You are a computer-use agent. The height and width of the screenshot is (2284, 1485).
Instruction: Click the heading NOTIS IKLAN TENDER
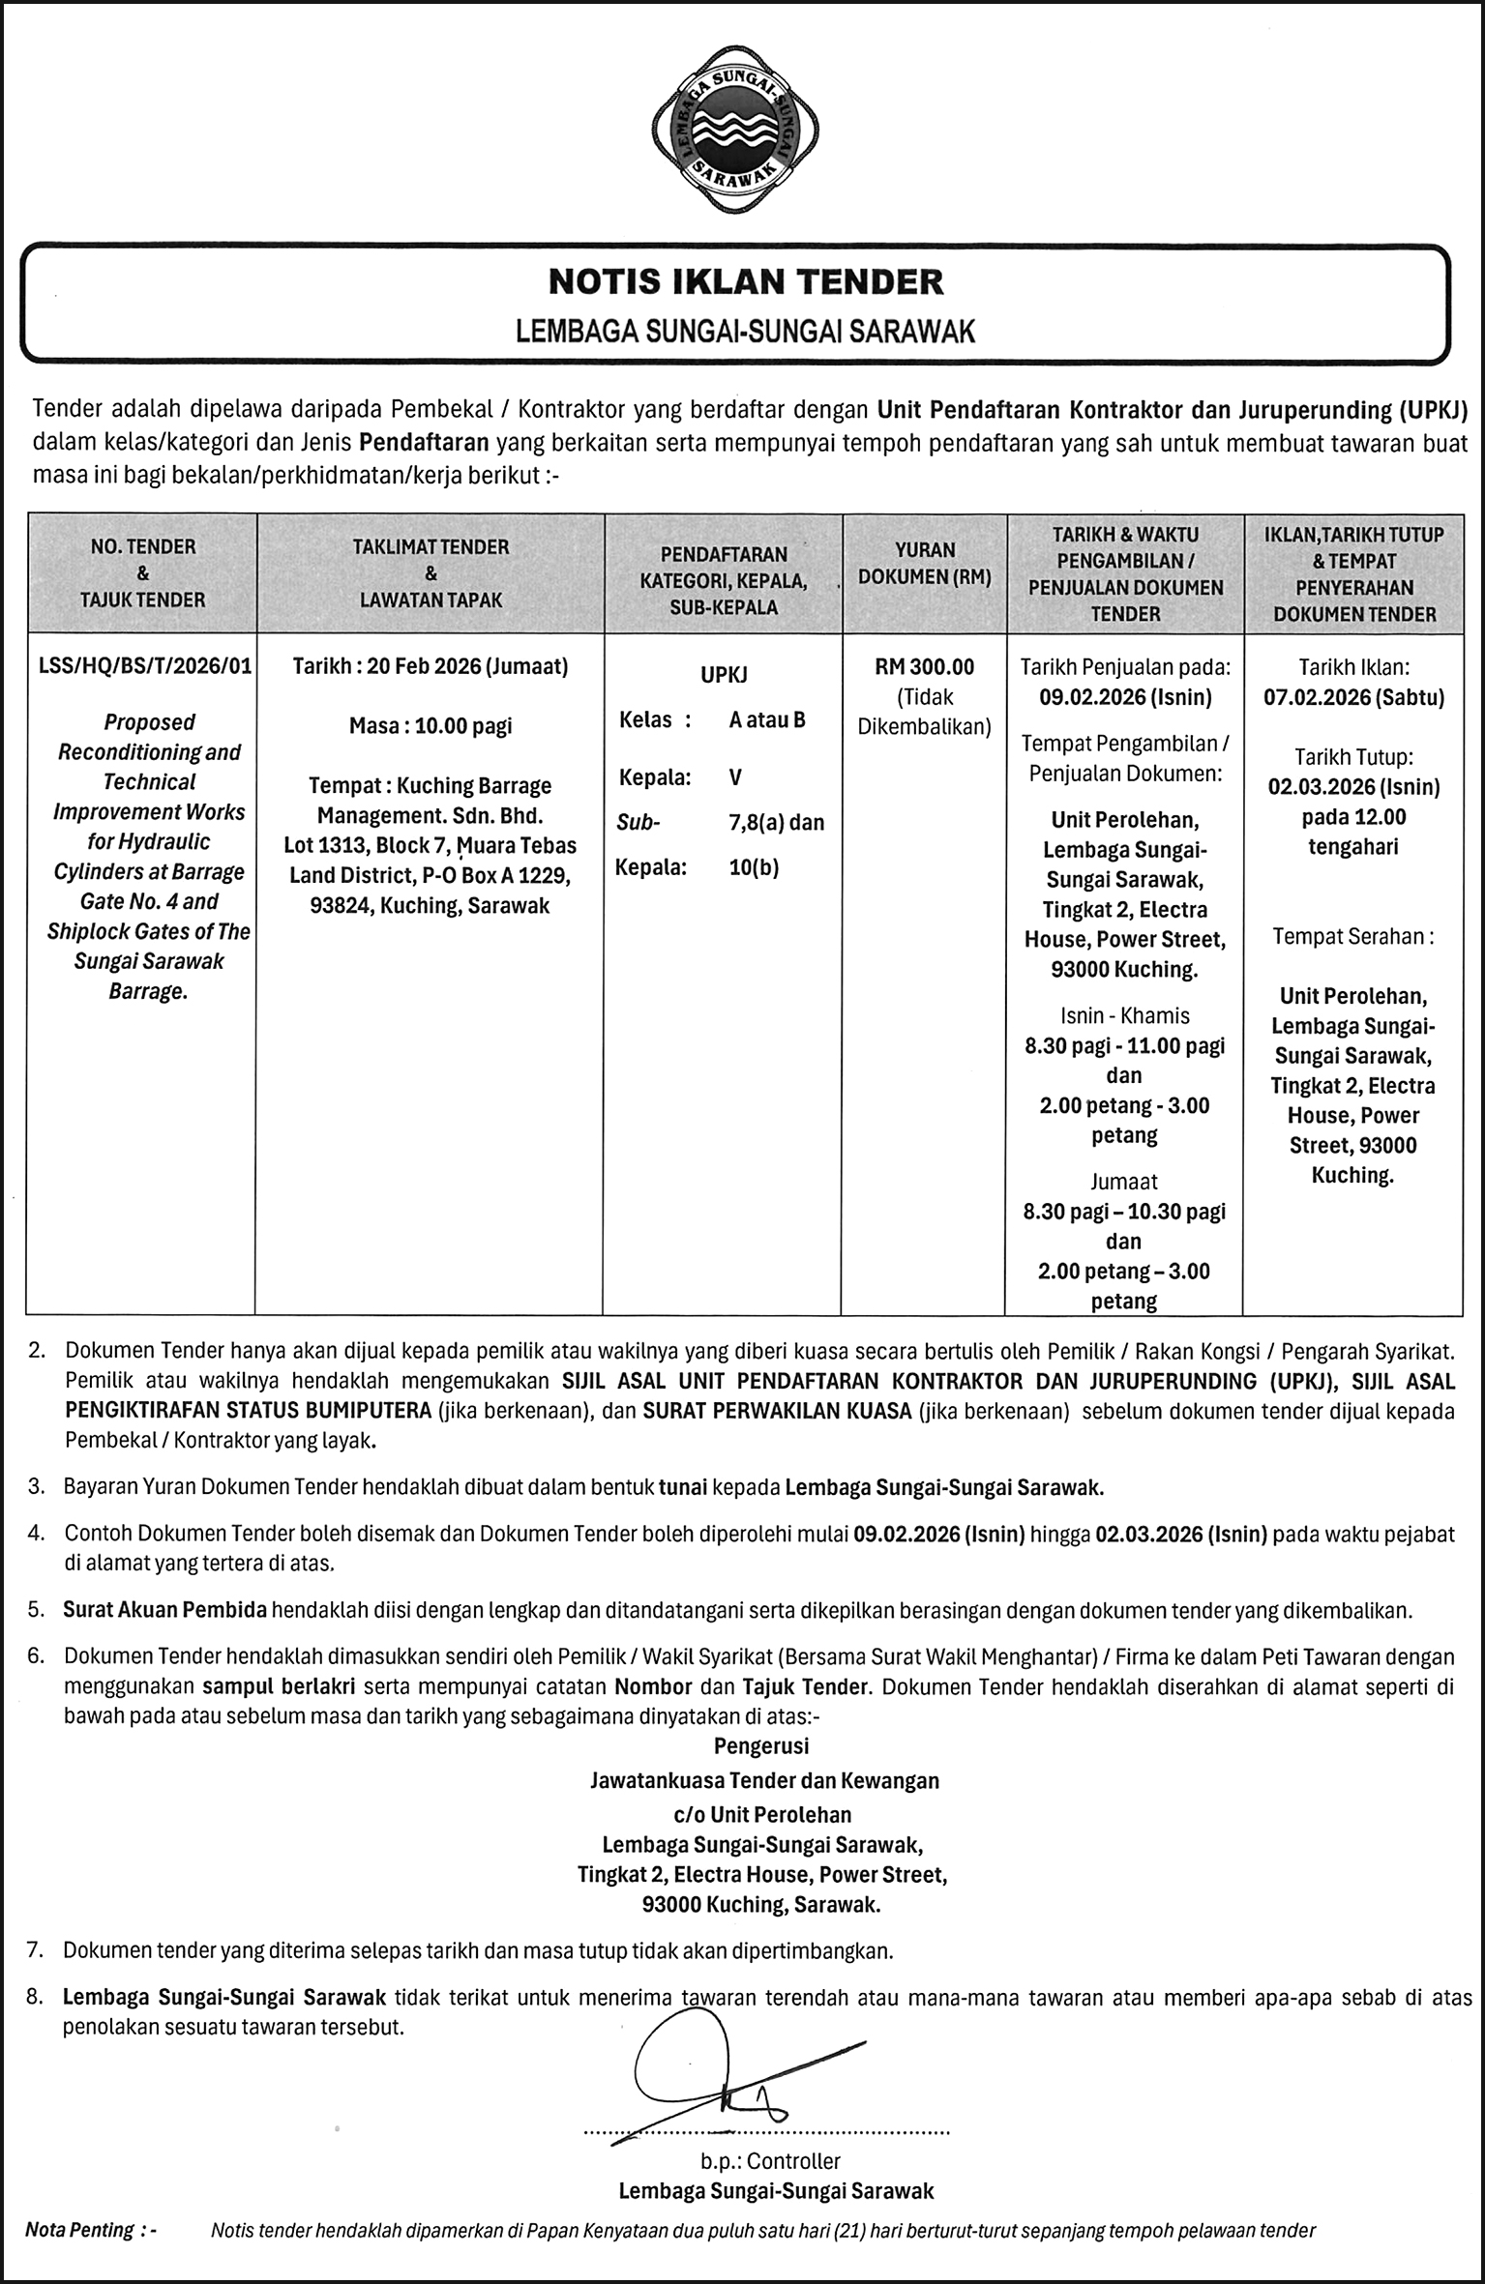coord(745,281)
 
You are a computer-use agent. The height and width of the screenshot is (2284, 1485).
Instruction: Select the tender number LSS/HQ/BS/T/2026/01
coord(143,666)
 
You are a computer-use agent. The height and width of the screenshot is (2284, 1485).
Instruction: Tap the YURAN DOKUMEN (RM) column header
coord(925,563)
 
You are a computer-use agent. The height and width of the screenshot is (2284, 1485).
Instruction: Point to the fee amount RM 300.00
coord(925,666)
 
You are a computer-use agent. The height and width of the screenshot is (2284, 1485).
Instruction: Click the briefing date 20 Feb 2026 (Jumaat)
coord(430,666)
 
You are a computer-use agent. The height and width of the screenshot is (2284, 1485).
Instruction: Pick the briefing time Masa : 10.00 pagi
coord(430,726)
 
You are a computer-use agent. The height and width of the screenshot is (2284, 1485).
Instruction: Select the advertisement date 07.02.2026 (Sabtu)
coord(1353,697)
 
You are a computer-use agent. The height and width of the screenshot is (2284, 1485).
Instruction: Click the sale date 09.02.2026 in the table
coord(1125,697)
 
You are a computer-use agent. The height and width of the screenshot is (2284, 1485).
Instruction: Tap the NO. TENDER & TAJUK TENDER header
coord(143,572)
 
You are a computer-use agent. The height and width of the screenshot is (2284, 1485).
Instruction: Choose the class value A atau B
coord(767,719)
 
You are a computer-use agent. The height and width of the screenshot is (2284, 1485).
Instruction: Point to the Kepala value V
coord(736,777)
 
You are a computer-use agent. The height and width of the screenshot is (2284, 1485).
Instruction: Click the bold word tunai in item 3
coord(683,1487)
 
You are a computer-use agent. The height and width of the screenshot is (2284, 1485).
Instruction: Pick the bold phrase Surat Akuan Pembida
coord(164,1611)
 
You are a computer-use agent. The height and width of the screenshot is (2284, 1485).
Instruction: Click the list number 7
coord(36,1951)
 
